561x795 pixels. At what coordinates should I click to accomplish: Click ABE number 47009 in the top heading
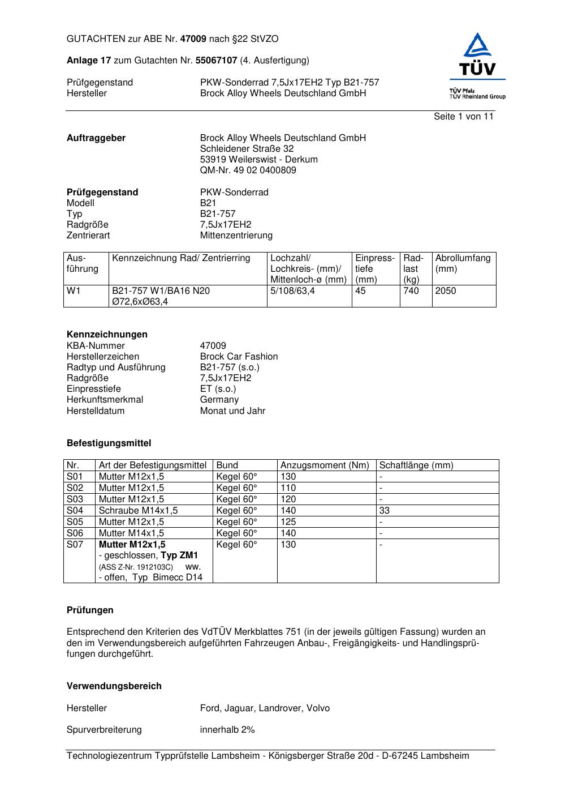193,39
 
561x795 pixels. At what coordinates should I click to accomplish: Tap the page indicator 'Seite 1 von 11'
463,117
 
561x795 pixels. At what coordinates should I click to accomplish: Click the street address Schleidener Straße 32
247,149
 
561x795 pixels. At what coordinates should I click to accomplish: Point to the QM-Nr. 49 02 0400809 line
248,170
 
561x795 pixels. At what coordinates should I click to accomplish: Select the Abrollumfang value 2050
446,291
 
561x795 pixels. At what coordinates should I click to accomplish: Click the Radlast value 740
411,291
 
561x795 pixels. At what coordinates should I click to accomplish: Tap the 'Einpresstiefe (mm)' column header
375,268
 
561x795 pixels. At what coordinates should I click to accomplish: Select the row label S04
75,511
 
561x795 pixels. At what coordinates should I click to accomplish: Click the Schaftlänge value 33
385,511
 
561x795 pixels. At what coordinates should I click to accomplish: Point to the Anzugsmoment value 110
288,488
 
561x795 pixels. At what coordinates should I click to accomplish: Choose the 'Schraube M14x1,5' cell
138,511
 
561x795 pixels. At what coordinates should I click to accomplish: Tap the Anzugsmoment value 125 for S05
288,522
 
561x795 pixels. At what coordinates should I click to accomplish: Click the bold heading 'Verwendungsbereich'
114,686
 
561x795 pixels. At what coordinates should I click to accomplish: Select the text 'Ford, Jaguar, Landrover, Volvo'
265,708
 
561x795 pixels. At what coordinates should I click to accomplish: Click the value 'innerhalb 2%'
227,730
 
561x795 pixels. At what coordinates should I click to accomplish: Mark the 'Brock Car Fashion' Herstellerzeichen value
239,357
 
